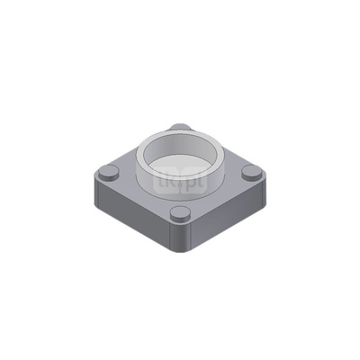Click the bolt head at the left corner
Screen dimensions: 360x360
point(110,173)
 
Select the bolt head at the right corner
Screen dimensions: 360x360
point(250,171)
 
